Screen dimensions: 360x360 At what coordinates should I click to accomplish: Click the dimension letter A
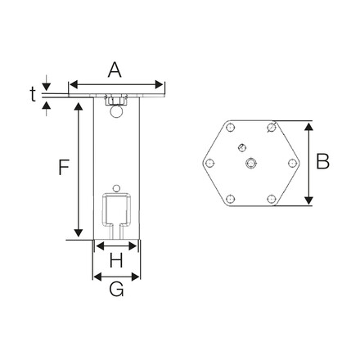click(115, 70)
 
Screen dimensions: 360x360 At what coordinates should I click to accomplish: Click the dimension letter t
click(34, 94)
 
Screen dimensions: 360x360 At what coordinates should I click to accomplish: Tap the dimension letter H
click(116, 261)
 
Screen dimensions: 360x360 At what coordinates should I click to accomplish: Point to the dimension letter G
click(116, 290)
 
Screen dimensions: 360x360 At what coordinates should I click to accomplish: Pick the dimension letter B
click(323, 162)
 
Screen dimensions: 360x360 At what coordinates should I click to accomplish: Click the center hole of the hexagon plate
click(252, 163)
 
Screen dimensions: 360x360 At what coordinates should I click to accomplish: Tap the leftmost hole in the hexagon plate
click(210, 163)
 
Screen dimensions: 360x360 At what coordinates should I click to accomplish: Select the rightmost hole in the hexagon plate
click(293, 163)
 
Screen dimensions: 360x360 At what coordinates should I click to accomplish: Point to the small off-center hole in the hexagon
click(241, 147)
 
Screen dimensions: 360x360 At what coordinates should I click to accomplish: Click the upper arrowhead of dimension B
click(308, 127)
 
